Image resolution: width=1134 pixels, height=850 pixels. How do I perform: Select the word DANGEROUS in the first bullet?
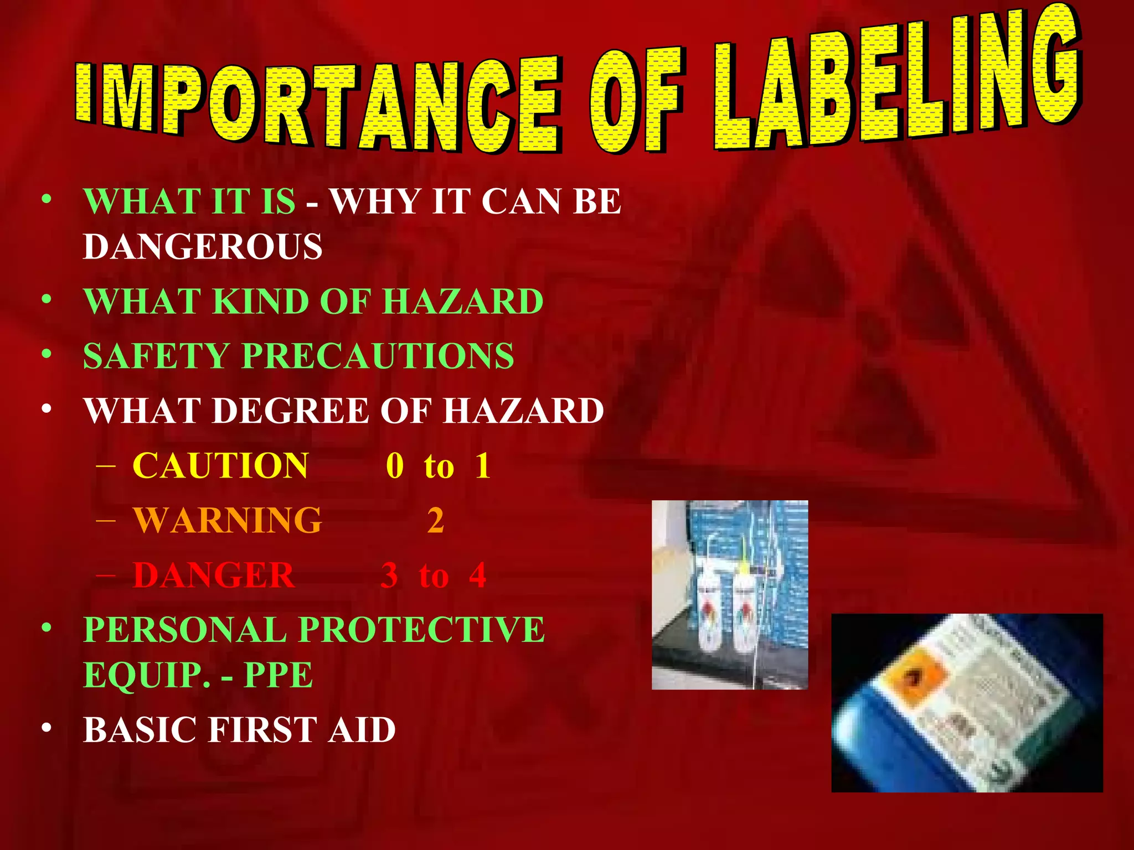coord(203,246)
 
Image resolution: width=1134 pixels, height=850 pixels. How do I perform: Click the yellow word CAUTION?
coord(220,465)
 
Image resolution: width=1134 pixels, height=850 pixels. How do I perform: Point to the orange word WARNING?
coord(227,520)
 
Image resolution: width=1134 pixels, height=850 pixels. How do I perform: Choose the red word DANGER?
coord(214,575)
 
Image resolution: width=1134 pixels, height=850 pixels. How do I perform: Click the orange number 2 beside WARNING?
coord(436,521)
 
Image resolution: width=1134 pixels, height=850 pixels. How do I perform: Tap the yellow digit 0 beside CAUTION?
coord(395,465)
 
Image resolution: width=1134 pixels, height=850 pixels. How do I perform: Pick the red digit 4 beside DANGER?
coord(477,575)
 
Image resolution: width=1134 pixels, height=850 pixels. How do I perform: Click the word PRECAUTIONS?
coord(378,355)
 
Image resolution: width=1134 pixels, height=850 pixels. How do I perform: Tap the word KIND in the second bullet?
coord(260,302)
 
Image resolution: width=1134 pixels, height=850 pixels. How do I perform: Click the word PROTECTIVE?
coord(422,630)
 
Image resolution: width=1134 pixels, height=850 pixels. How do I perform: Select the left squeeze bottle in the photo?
coord(709,611)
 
